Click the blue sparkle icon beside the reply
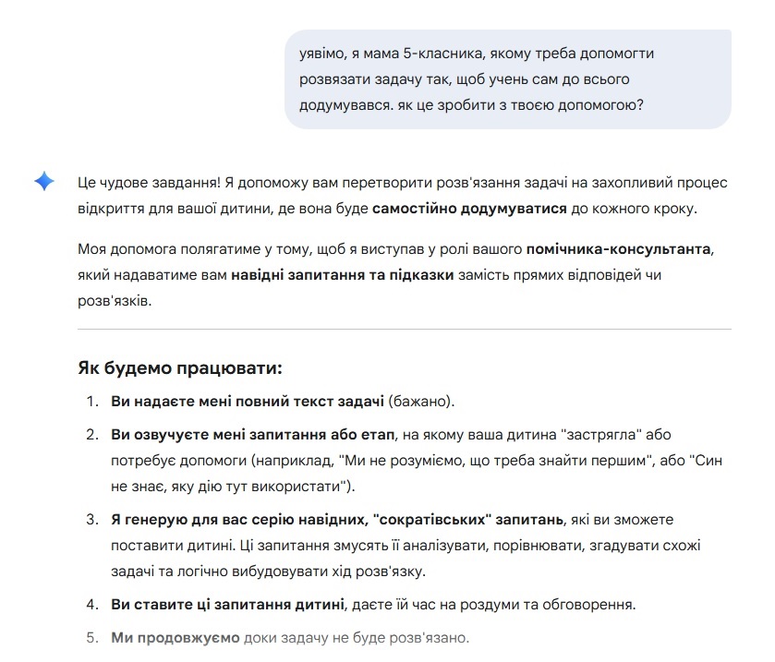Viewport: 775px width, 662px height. click(44, 182)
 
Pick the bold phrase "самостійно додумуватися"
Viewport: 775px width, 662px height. click(469, 209)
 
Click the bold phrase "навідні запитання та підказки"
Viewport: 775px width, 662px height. click(342, 275)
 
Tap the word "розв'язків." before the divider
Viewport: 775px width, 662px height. click(114, 301)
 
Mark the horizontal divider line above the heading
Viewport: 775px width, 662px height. click(404, 329)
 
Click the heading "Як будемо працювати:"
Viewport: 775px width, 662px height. click(179, 368)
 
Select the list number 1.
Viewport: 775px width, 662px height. click(91, 402)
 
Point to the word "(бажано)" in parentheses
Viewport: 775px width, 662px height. click(420, 402)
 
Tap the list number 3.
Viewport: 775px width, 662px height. click(91, 520)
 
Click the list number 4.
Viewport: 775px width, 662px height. click(91, 606)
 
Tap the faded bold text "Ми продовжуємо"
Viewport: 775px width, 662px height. click(175, 638)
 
